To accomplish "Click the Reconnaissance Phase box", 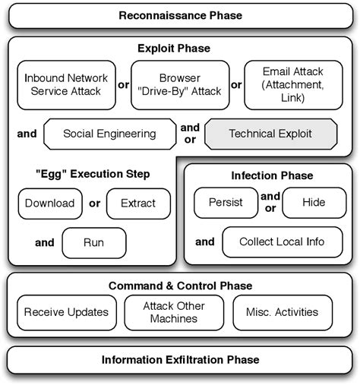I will point(179,16).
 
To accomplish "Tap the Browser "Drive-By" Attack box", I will point(179,84).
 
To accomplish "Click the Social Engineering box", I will point(109,134).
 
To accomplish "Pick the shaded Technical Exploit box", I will point(270,134).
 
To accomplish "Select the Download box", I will point(49,203).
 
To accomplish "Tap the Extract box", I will point(137,203).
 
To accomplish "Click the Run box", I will point(93,243).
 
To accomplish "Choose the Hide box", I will point(313,203).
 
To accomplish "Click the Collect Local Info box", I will point(282,242).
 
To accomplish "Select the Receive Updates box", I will point(65,312).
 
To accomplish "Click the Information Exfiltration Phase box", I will point(179,359).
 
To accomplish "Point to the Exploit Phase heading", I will point(174,49).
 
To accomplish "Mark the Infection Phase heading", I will point(271,175).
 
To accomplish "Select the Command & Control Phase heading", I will point(180,286).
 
